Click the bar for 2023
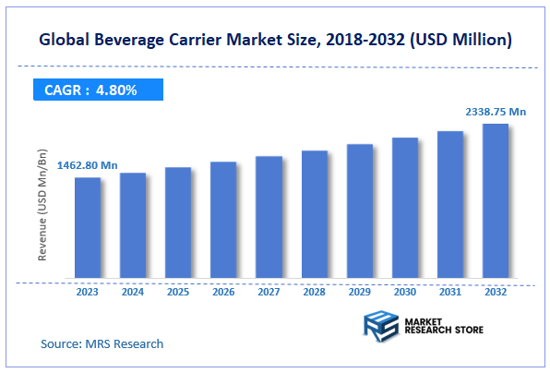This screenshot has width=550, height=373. coord(88,227)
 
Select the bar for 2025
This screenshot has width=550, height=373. coord(178,223)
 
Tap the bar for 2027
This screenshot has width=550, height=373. coord(269,217)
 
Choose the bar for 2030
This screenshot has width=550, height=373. coord(404,208)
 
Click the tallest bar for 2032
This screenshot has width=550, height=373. coord(495,200)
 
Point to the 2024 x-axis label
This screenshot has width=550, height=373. coord(133,292)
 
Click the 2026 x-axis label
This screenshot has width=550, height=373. coord(223,292)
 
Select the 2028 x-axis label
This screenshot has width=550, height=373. coord(314,292)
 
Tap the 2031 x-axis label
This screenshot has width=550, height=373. coord(449,292)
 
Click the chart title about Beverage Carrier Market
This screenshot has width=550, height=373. coord(275,41)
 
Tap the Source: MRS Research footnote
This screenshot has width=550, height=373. coord(102,343)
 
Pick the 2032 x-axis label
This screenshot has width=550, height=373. coord(495,292)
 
